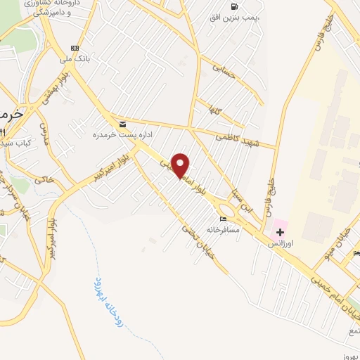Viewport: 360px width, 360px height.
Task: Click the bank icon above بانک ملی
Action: pyautogui.click(x=75, y=48)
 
